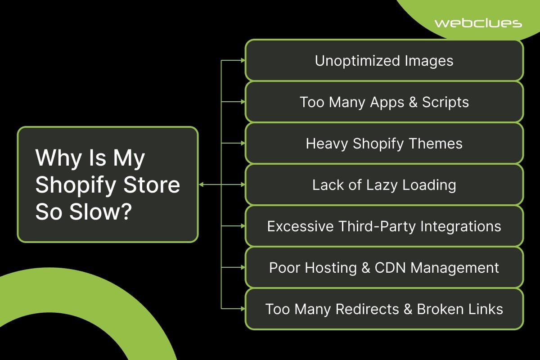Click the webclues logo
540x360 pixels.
click(478, 23)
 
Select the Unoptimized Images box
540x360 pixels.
click(384, 60)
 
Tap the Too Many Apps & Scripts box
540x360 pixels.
click(384, 102)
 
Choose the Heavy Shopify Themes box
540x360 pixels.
click(384, 143)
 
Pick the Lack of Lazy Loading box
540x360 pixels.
click(384, 184)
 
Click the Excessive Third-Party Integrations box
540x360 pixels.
click(384, 226)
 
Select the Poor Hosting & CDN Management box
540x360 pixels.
click(384, 267)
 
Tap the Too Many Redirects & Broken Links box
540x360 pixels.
click(384, 309)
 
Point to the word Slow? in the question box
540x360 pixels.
click(100, 211)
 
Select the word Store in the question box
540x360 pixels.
click(152, 184)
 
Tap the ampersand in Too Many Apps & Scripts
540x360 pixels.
click(413, 102)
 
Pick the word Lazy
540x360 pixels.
click(382, 186)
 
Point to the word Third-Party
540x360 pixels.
click(377, 227)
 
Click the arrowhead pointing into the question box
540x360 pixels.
click(202, 184)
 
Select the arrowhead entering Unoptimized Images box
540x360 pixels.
click(243, 60)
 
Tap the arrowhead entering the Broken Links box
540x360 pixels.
click(243, 309)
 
